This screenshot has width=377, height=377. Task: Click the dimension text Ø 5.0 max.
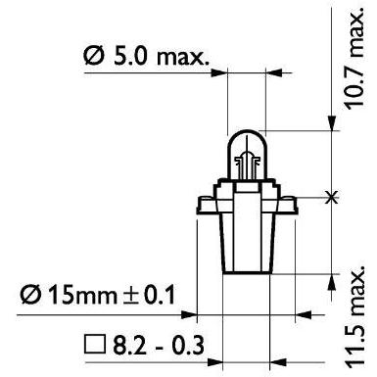tap(146, 56)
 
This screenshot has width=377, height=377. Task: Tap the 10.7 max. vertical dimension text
tap(353, 59)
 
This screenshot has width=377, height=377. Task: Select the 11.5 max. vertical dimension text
tap(354, 317)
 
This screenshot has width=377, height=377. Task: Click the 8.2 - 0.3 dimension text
tap(159, 345)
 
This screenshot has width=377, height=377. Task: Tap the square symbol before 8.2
tap(95, 345)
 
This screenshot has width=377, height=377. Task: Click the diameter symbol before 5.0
tap(94, 56)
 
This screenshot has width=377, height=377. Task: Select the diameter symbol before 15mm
tap(31, 295)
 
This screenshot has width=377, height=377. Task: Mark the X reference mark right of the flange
tap(332, 197)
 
